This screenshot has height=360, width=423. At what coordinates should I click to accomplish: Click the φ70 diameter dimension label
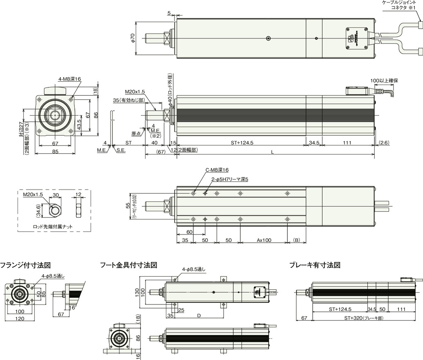click(x=132, y=38)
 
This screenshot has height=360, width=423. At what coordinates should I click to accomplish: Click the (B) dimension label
click(x=297, y=240)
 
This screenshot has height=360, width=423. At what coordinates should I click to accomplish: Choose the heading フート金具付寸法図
click(x=129, y=265)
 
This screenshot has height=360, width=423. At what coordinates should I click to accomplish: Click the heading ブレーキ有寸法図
click(x=315, y=265)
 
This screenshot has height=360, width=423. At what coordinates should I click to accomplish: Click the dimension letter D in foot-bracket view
click(x=199, y=315)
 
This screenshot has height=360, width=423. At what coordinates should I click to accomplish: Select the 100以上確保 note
click(x=384, y=80)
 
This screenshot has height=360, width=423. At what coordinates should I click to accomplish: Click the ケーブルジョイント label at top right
click(x=398, y=3)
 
